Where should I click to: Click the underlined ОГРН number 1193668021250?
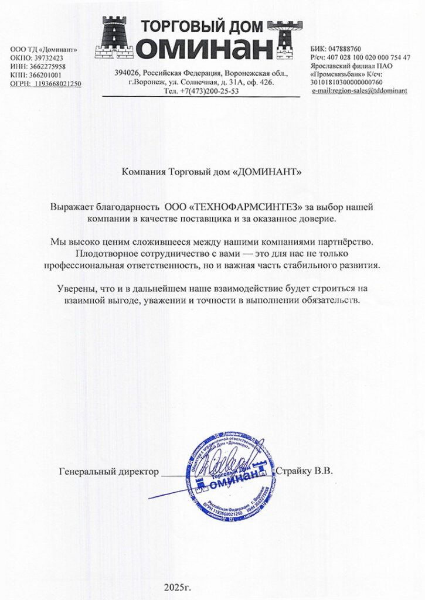(x=57, y=84)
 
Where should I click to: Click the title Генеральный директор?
(x=109, y=471)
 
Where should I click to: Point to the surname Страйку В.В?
(x=304, y=471)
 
